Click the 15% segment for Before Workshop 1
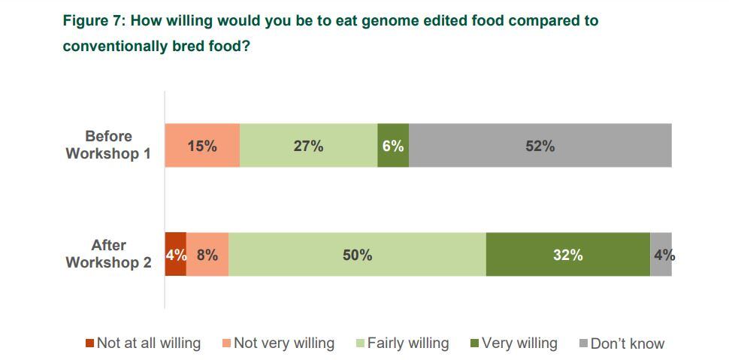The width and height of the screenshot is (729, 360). pos(202,146)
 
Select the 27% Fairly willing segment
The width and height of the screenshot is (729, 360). pos(308,146)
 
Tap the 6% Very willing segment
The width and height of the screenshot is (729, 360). pos(393,146)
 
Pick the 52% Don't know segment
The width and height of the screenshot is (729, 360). pos(540,146)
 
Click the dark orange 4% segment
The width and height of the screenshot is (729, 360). pos(175,255)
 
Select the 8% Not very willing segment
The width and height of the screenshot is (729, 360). pos(207,255)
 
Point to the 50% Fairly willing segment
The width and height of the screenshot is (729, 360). pos(357,255)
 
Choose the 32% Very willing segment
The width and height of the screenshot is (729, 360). pos(567,255)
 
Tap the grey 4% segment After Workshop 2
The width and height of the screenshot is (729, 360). pos(661,255)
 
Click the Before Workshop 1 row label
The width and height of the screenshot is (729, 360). pos(108,145)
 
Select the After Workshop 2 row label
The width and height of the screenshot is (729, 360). pos(108,254)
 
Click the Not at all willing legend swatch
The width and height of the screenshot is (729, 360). pos(90,343)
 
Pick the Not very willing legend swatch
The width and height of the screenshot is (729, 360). pos(227,343)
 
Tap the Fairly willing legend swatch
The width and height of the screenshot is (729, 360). pos(361,343)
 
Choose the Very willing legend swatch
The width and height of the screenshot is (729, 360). pos(475,343)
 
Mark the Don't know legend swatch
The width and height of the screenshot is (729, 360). pos(584,343)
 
